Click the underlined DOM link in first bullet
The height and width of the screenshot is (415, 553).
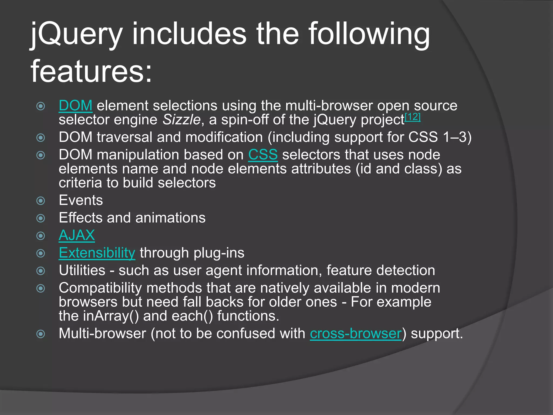pyautogui.click(x=75, y=106)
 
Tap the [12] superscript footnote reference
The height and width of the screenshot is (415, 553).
pyautogui.click(x=413, y=117)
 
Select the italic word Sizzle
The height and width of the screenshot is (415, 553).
pyautogui.click(x=181, y=120)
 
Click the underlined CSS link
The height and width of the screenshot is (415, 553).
pyautogui.click(x=263, y=155)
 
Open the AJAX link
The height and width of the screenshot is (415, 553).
pyautogui.click(x=77, y=235)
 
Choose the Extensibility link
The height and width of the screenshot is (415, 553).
pyautogui.click(x=97, y=253)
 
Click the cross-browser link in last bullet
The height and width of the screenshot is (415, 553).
pyautogui.click(x=356, y=333)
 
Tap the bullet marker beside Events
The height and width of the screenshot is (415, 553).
pyautogui.click(x=41, y=201)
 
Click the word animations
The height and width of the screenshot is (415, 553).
pyautogui.click(x=170, y=218)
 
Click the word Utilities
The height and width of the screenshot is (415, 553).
pyautogui.click(x=82, y=270)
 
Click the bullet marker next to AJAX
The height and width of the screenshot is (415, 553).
pyautogui.click(x=41, y=236)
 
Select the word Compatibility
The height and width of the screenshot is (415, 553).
pyautogui.click(x=100, y=288)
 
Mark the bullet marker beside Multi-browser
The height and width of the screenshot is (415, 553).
pyautogui.click(x=41, y=334)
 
